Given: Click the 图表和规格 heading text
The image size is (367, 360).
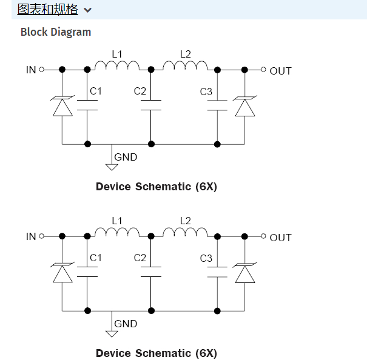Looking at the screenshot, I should [47, 9].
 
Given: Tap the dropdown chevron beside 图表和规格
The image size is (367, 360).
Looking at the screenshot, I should [88, 10].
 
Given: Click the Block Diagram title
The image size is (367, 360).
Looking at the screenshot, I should [56, 32].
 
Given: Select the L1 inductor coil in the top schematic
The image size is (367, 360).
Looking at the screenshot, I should [117, 65].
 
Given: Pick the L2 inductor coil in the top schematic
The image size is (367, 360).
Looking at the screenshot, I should [185, 65].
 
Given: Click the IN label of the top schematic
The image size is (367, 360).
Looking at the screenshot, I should [31, 70].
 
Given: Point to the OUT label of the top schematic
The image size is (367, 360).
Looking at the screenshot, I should [280, 71].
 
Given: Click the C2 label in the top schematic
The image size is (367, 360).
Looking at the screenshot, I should [140, 92].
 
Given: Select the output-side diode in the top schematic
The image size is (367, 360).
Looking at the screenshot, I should [244, 107].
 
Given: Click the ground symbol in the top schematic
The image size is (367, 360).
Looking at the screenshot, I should [112, 165].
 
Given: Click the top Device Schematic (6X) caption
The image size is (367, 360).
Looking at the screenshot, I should [156, 187].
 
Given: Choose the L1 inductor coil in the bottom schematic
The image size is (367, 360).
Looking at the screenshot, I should [117, 232].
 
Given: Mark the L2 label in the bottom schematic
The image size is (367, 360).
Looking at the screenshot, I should [185, 221].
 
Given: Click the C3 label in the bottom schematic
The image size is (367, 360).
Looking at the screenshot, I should [206, 259].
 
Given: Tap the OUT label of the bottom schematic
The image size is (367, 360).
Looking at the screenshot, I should [280, 238].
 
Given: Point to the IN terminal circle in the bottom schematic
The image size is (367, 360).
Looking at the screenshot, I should [42, 236].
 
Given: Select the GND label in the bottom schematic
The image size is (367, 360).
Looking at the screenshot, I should [126, 324].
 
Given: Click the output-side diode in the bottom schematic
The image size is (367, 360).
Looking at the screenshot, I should [244, 273].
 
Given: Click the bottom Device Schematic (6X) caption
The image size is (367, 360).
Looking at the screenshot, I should [156, 353].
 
